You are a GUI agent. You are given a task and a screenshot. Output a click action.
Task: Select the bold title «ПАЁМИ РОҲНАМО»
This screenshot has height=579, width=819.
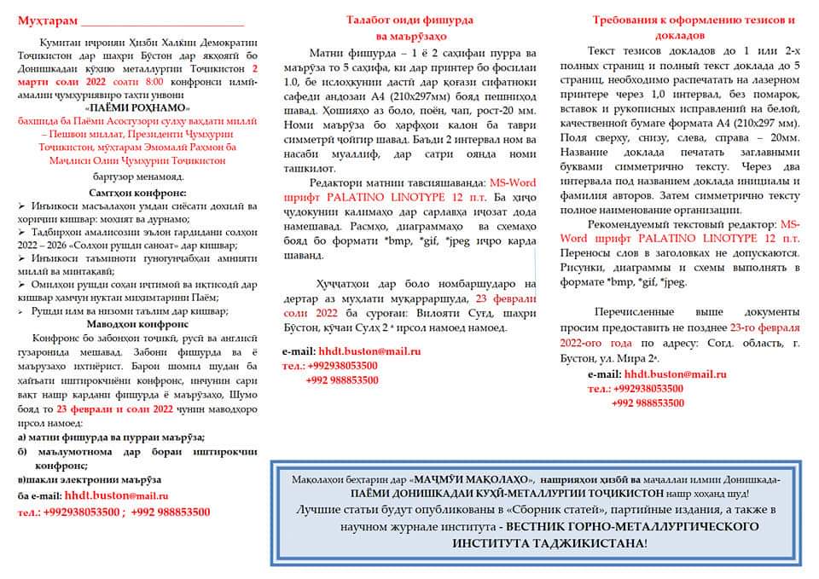click(x=138, y=108)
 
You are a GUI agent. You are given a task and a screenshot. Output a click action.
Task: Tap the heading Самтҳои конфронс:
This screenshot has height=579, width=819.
click(x=138, y=193)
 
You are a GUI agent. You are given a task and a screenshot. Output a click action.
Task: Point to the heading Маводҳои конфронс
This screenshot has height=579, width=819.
click(x=138, y=324)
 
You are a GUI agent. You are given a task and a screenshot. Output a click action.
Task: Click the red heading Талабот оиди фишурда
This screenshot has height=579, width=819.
click(x=411, y=19)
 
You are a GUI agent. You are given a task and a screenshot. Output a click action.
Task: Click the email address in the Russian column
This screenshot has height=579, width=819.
click(x=675, y=374)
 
